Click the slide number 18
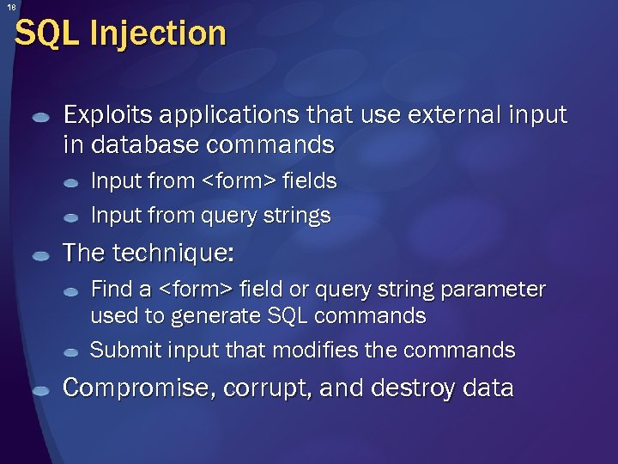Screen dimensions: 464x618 coord(9,8)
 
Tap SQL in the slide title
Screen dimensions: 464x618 coord(48,34)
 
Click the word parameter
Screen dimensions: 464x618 coord(493,290)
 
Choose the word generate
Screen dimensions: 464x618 coord(209,316)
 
